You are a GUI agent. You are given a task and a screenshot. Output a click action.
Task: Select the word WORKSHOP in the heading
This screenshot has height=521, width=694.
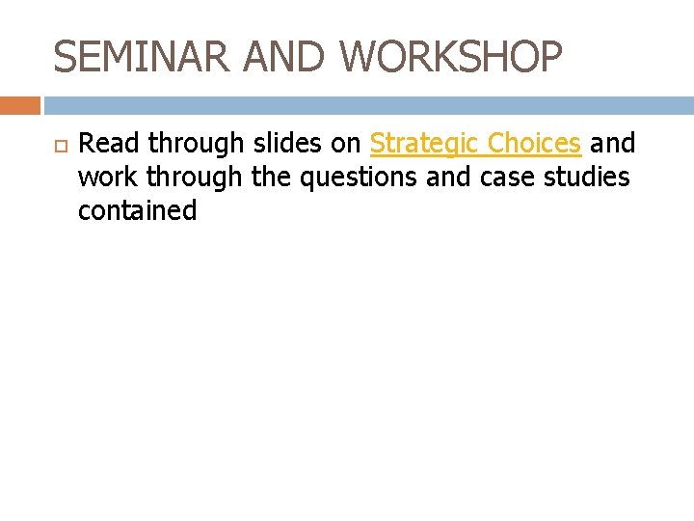tap(451, 57)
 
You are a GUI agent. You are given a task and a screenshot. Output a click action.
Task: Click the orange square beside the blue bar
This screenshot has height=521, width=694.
tap(20, 105)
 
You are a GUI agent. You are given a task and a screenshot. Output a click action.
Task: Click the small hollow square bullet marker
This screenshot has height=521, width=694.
tap(58, 146)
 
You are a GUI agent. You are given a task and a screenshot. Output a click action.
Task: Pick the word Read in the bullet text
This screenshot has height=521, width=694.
tap(108, 144)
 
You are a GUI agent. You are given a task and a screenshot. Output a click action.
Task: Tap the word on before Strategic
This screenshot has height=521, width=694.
tap(346, 144)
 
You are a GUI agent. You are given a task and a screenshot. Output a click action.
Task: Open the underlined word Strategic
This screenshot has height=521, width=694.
tap(424, 144)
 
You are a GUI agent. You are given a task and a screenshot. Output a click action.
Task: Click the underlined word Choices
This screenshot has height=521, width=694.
tap(534, 144)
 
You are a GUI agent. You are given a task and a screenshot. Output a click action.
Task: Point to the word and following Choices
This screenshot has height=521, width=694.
tap(612, 144)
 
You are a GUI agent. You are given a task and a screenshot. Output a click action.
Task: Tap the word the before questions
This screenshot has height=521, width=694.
tap(272, 178)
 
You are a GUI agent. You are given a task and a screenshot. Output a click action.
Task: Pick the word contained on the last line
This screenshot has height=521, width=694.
tap(137, 211)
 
